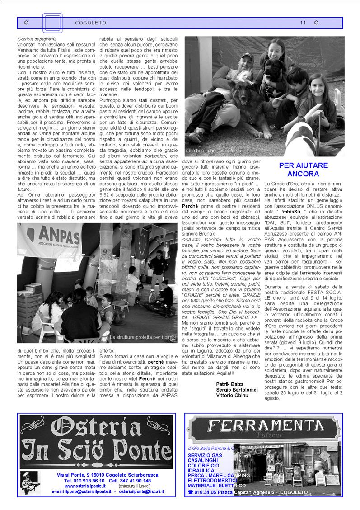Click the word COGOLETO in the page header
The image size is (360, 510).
tap(90, 23)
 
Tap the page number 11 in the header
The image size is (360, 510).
tap(303, 23)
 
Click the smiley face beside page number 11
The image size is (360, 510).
tap(316, 23)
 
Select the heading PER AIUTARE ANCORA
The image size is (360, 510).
tap(303, 170)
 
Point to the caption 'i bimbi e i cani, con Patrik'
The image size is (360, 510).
tap(214, 151)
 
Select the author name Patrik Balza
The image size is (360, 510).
tap(229, 384)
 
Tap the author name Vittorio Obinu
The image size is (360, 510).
tap(232, 395)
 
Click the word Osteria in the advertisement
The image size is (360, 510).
tap(96, 427)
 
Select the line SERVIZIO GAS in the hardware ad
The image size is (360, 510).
tap(205, 455)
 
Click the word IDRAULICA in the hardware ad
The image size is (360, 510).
tap(202, 470)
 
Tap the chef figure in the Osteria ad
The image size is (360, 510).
tap(31, 482)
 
